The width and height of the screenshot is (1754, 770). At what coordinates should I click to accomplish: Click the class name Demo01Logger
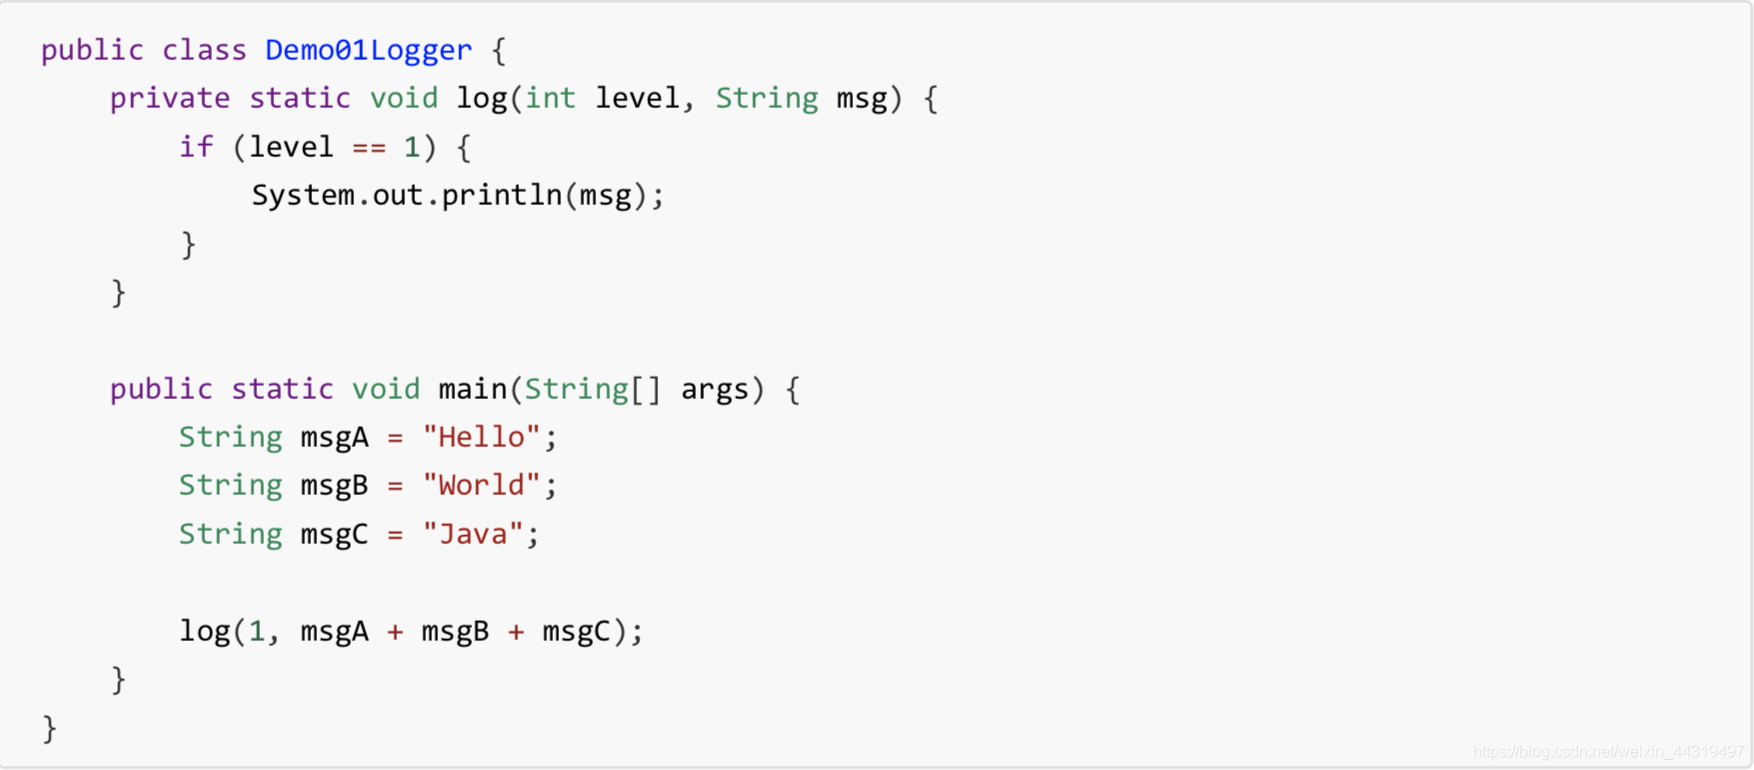click(x=368, y=50)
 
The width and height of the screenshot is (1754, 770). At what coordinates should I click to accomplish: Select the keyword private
click(x=170, y=98)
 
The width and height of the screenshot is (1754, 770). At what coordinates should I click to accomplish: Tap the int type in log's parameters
click(x=550, y=98)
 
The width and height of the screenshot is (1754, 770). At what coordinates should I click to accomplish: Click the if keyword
click(x=196, y=147)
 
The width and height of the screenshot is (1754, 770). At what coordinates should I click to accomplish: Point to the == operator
click(x=369, y=147)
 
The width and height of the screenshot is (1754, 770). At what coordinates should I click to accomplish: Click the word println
click(x=502, y=195)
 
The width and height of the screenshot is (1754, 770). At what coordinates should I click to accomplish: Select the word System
click(x=303, y=195)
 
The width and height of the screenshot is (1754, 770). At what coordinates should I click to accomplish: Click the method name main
click(x=473, y=389)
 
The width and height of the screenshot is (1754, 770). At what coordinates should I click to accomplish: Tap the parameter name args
click(x=714, y=389)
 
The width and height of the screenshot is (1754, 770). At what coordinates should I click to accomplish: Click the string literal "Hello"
click(x=481, y=437)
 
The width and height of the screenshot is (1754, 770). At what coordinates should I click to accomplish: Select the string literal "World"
click(x=481, y=485)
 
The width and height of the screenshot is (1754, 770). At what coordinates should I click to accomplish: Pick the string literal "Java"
click(x=473, y=534)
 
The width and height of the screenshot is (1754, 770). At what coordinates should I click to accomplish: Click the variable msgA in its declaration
click(x=334, y=437)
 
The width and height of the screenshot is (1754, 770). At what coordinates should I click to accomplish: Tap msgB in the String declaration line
click(x=334, y=485)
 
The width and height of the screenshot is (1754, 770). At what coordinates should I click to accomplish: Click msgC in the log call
click(x=576, y=631)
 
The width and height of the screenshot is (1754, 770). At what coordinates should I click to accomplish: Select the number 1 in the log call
click(x=257, y=631)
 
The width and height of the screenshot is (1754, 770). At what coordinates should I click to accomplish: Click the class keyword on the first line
click(x=204, y=50)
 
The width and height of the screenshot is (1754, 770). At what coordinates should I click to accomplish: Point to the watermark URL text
click(x=1608, y=752)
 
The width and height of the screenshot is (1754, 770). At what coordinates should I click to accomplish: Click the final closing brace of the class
click(x=50, y=728)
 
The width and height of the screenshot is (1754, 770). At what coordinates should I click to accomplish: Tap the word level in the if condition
click(x=291, y=147)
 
